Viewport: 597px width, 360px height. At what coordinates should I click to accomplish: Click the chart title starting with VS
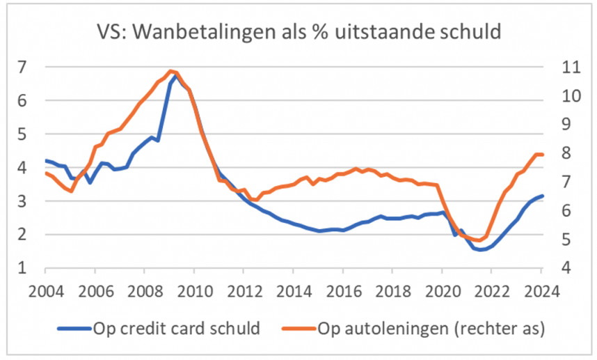pos(298,33)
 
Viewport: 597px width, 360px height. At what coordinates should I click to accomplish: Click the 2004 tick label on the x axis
pos(45,290)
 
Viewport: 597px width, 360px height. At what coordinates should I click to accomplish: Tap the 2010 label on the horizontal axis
pos(195,290)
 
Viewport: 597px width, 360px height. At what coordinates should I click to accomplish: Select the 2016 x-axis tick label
pos(343,290)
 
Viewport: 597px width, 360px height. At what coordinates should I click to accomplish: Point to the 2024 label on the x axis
pos(541,290)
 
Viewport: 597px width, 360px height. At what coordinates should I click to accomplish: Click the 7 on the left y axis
pos(22,68)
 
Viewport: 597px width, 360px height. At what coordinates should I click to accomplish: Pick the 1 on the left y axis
pos(22,268)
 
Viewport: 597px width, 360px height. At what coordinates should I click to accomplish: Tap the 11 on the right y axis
pos(568,68)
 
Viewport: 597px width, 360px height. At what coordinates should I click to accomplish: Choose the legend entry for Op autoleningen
pos(431,328)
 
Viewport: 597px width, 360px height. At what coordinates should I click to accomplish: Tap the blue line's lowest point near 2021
pos(480,249)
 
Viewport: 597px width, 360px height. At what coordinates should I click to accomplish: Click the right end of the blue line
pos(543,196)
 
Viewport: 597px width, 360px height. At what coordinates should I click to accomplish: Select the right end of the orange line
pos(543,155)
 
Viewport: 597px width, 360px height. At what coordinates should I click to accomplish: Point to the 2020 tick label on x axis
pos(442,290)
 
